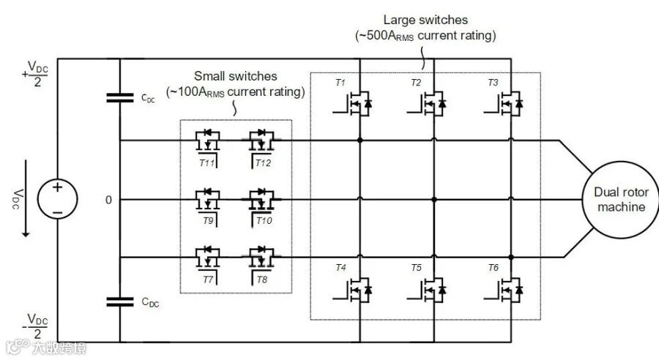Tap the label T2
(x=416, y=83)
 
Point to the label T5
(x=416, y=268)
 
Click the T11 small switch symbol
(x=208, y=144)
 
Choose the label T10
(x=264, y=221)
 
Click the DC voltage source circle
(x=58, y=199)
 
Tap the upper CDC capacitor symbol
(x=120, y=98)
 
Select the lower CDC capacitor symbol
(x=120, y=301)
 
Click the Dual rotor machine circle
(x=621, y=200)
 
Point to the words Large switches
(x=425, y=20)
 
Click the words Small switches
(x=235, y=76)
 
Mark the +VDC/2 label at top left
(x=35, y=74)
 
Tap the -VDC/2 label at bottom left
(x=35, y=326)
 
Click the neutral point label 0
(x=109, y=200)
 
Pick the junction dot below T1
(x=360, y=140)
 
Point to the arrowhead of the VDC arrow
(x=26, y=234)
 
